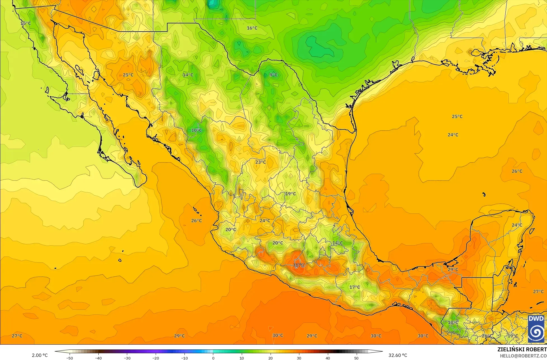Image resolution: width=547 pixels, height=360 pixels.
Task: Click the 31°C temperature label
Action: [299, 265]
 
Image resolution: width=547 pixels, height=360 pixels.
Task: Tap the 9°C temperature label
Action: [273, 75]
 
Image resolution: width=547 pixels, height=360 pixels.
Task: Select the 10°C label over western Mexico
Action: [196, 130]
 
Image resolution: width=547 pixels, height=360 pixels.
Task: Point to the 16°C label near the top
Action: [252, 28]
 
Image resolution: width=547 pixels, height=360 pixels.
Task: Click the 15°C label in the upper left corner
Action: [25, 23]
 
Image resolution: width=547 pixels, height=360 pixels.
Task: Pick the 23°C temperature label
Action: [261, 162]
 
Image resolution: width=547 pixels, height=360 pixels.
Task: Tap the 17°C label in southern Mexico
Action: [355, 287]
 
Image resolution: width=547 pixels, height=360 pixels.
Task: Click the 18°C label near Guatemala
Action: [453, 322]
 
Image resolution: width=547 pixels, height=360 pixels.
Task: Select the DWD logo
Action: [536, 329]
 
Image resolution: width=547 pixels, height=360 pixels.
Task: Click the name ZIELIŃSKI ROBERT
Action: [522, 349]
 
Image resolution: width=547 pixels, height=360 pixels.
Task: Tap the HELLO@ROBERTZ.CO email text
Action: [523, 356]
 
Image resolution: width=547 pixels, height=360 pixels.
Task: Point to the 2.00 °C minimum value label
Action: [40, 355]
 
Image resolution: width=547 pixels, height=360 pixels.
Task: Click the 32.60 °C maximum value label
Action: [398, 355]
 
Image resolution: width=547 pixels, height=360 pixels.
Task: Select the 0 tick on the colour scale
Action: [213, 358]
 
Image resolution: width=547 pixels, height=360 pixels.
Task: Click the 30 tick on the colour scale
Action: [299, 358]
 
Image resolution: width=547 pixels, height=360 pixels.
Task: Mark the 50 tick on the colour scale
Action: [356, 358]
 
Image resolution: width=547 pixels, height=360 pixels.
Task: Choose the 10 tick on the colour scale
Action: [242, 358]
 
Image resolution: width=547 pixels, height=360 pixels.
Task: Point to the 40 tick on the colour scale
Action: [328, 358]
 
